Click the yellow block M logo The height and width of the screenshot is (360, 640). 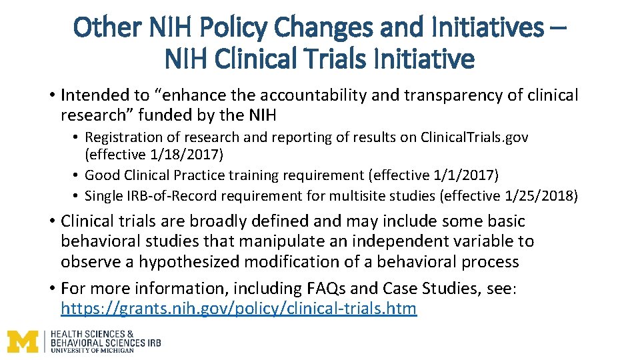pos(23,342)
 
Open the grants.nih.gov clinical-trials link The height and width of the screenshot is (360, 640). pos(238,309)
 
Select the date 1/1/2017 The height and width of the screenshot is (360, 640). pos(469,175)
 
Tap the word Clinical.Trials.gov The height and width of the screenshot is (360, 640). pos(474,137)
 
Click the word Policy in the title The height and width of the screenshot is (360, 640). pos(237,27)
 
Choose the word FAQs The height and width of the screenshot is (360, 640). pos(325,289)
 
